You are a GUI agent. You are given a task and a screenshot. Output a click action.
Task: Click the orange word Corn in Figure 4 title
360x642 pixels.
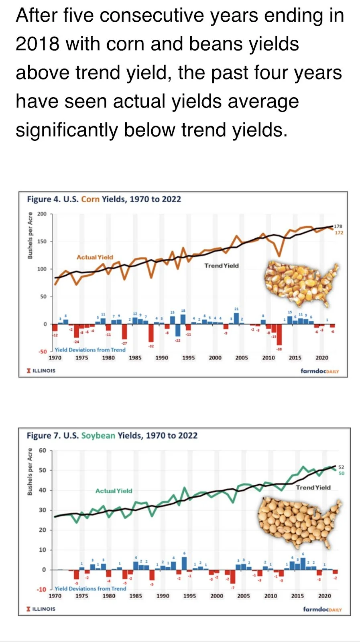click(x=90, y=199)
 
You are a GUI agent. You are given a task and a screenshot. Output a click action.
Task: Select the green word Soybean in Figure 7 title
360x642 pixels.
click(x=98, y=436)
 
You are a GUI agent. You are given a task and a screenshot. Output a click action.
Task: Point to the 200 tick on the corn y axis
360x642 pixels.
click(x=42, y=214)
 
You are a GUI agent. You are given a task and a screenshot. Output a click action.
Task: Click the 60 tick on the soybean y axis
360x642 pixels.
click(x=43, y=450)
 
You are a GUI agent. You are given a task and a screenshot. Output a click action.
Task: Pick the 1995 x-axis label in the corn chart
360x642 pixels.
click(x=188, y=358)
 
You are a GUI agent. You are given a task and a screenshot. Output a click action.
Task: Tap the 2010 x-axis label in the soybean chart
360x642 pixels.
click(x=271, y=596)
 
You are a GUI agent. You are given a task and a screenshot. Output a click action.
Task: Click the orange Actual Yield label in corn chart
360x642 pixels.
click(x=95, y=257)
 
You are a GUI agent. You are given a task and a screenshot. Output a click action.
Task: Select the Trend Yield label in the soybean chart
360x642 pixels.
click(x=313, y=488)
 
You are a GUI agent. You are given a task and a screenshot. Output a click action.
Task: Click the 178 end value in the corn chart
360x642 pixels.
click(x=338, y=226)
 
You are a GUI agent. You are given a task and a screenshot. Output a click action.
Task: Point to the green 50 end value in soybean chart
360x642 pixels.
click(x=341, y=473)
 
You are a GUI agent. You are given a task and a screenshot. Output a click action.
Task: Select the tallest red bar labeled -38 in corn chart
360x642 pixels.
click(x=279, y=335)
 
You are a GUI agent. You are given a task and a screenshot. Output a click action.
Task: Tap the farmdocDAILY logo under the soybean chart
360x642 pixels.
click(x=322, y=609)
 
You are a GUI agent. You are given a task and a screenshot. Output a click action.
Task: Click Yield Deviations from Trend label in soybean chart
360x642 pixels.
click(x=90, y=589)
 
